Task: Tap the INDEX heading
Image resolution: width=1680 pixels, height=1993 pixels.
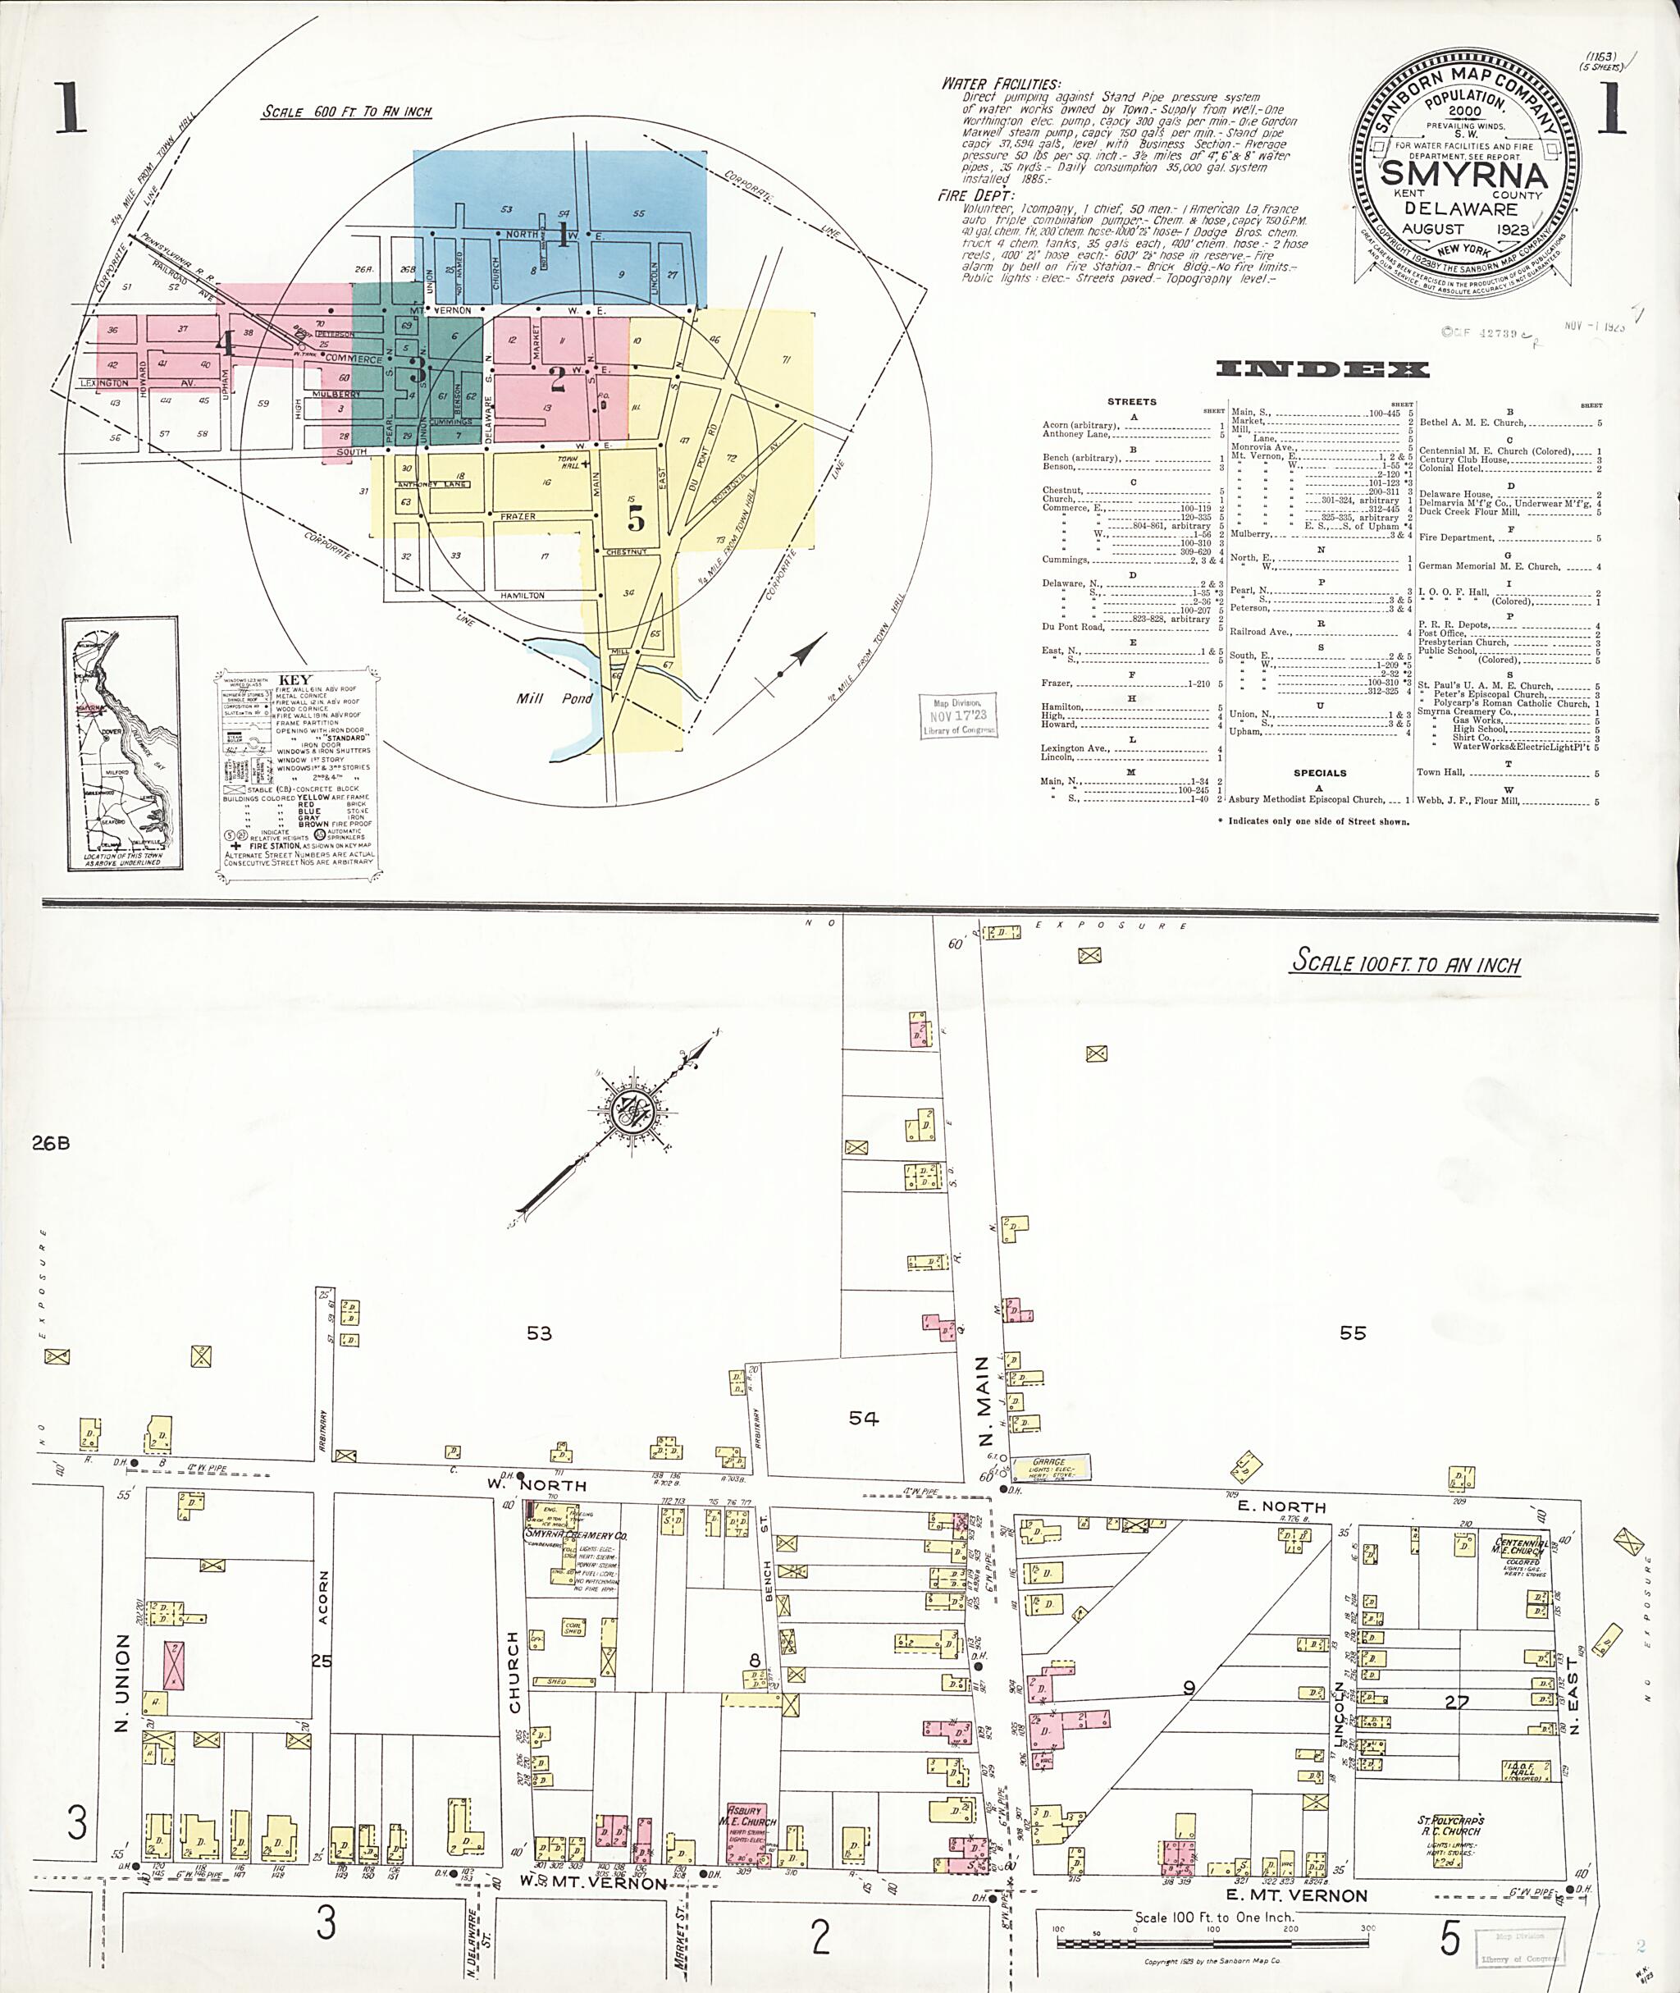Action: pos(1322,370)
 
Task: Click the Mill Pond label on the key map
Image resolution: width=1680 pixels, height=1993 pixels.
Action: pos(555,698)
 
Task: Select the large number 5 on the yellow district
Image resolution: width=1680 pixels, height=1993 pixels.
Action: pos(635,519)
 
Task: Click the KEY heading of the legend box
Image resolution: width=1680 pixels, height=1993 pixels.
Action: pos(294,681)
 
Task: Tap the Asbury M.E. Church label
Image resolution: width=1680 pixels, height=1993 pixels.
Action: pos(746,1816)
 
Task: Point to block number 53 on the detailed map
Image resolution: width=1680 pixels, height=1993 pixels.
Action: pos(539,1332)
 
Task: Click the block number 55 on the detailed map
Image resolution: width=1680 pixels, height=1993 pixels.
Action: pos(1353,1332)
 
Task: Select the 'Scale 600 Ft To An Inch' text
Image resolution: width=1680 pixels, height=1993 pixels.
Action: pos(347,112)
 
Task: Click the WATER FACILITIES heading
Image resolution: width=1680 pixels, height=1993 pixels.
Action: pos(1000,84)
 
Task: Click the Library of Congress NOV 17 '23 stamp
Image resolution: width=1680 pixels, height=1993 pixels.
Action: pos(959,716)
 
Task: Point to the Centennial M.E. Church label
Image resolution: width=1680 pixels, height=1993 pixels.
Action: pos(1520,1547)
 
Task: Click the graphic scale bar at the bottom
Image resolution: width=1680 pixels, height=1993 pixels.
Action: pos(1212,1940)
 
